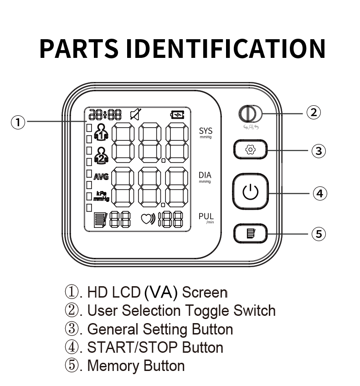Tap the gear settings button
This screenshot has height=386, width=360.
(x=250, y=149)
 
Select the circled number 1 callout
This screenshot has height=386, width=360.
(x=18, y=122)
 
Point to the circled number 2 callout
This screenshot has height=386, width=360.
(x=313, y=112)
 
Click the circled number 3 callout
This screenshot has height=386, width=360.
(x=319, y=150)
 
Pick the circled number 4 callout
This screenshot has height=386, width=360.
(x=319, y=193)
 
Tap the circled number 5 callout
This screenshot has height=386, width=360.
(x=319, y=234)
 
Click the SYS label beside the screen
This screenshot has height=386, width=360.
(x=206, y=132)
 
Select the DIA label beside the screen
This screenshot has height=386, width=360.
(x=205, y=175)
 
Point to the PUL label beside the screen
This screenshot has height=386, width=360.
(x=206, y=216)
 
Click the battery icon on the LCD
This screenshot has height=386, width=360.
(x=177, y=115)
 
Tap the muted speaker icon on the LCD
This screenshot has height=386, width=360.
(x=135, y=114)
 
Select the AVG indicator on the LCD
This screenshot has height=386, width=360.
(x=101, y=177)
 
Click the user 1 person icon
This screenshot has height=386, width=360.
(x=101, y=133)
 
